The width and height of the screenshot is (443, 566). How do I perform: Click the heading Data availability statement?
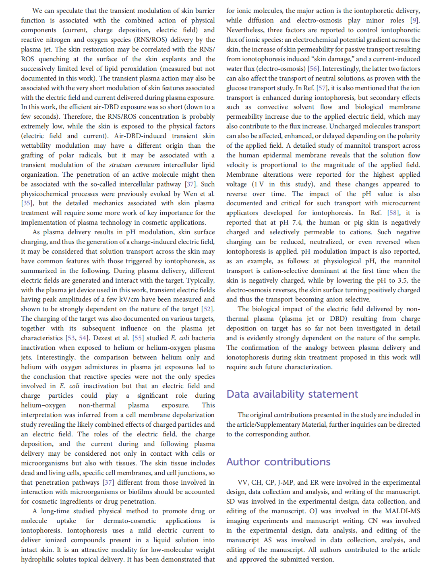coord(292,394)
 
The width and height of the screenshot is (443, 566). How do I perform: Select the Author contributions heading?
coord(278,462)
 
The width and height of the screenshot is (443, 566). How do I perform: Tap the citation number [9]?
coord(414,21)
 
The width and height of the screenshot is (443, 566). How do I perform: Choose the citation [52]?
coord(207,309)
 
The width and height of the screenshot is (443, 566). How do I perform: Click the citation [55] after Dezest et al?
coord(138,338)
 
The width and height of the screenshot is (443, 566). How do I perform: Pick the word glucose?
coord(238,88)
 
